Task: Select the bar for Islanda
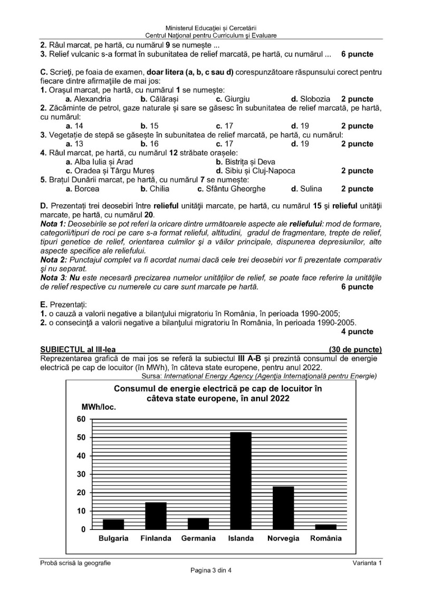241,480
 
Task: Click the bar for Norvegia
283,508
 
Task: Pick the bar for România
325,526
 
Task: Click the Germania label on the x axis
198,538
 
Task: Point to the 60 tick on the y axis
80,419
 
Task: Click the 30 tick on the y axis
80,474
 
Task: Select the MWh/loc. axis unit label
98,406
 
